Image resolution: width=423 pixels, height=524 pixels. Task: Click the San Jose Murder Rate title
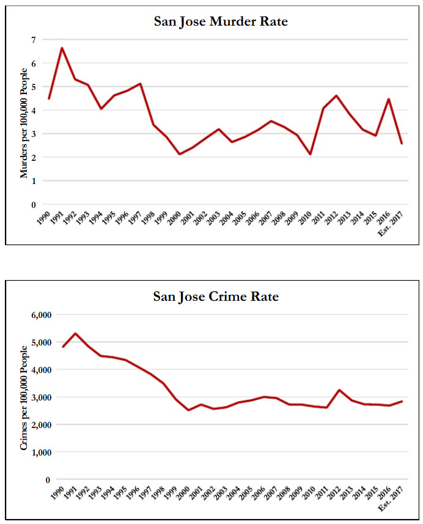click(221, 22)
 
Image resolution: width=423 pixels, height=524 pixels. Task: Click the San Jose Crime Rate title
click(216, 297)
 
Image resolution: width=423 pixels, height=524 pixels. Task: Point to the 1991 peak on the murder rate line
click(62, 48)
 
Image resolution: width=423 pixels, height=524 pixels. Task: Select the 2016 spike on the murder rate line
click(388, 99)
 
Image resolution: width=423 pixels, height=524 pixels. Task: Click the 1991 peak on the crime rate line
click(75, 333)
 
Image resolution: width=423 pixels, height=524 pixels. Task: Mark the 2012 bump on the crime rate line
click(339, 390)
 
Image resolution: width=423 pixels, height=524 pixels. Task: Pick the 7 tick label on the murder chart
click(34, 40)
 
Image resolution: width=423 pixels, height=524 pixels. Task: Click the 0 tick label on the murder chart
click(34, 205)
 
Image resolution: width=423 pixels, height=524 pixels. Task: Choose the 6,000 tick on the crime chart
click(40, 315)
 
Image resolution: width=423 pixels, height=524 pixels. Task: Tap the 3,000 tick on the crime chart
click(40, 397)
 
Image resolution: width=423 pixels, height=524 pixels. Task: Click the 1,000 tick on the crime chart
click(40, 452)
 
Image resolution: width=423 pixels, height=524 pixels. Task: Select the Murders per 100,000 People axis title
click(24, 122)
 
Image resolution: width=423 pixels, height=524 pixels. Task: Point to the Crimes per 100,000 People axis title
click(24, 397)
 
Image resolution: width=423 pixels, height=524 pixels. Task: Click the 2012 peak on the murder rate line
click(336, 96)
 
